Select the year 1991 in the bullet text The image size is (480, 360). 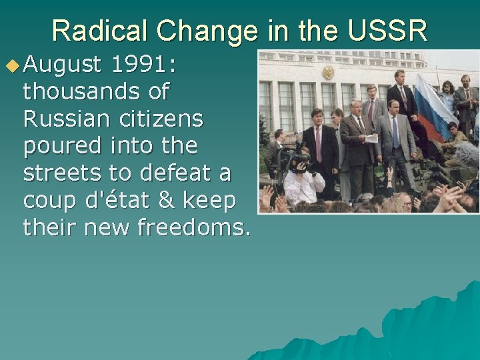coord(136,65)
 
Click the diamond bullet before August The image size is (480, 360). coord(12,65)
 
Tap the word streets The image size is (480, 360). coord(62,173)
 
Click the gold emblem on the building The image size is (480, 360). coord(328,72)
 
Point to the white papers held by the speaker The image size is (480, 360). coord(371,138)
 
